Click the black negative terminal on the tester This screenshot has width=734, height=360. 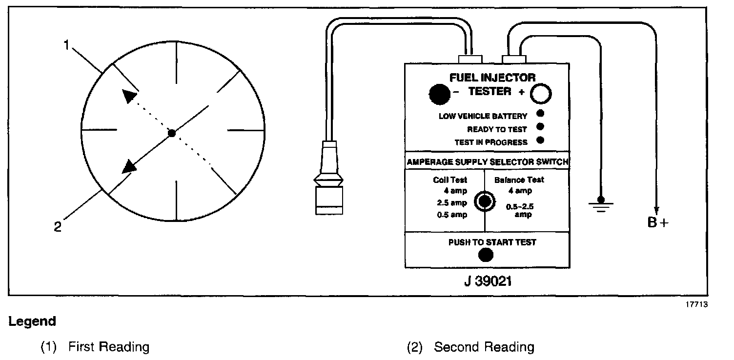pos(439,95)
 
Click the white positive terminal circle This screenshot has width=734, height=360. pos(541,94)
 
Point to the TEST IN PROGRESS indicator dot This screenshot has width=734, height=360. pos(540,141)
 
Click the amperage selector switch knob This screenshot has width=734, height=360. pos(484,200)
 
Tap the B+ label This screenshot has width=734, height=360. pos(658,223)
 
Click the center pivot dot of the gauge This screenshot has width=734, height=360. pos(171,133)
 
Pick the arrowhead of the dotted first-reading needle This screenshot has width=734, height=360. pos(129,96)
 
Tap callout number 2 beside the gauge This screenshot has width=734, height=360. pos(58,227)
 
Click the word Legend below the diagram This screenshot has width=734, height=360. pos(32,322)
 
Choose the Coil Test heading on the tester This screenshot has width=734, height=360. pos(450,180)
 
